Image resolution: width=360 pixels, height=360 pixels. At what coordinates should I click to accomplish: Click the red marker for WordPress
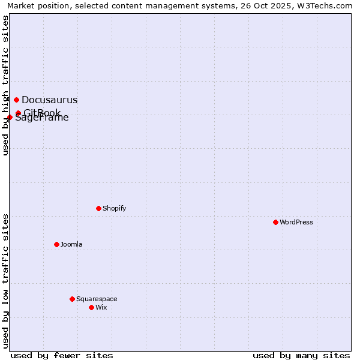tap(275, 222)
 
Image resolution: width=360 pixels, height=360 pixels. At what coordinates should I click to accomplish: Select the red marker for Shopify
tap(98, 208)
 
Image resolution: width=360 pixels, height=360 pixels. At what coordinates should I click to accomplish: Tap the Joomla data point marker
tap(56, 244)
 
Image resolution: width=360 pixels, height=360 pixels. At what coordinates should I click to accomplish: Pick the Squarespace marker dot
tap(72, 299)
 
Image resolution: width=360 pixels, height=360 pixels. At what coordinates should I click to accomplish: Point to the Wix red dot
tap(91, 307)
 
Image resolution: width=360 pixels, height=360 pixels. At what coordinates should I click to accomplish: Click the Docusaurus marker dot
tap(16, 100)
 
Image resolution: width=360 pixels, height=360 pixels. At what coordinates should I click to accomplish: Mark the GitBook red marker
tap(18, 113)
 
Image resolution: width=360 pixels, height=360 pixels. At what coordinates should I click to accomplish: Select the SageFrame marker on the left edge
tap(10, 117)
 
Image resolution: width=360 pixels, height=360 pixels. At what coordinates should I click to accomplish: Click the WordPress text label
tap(296, 222)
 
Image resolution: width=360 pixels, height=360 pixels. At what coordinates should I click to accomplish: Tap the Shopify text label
tap(114, 208)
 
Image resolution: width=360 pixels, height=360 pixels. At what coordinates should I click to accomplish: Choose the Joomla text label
tap(71, 244)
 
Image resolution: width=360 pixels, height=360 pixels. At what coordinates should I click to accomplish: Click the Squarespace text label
tap(97, 299)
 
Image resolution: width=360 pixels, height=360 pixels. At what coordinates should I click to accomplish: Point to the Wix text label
tap(101, 307)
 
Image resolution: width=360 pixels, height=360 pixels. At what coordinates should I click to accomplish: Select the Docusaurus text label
tap(49, 100)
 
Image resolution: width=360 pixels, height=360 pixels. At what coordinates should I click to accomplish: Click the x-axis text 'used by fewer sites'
tap(62, 355)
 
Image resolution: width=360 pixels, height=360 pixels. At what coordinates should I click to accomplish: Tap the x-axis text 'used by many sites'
tap(301, 355)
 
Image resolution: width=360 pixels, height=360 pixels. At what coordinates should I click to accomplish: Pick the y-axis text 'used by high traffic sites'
tap(5, 85)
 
